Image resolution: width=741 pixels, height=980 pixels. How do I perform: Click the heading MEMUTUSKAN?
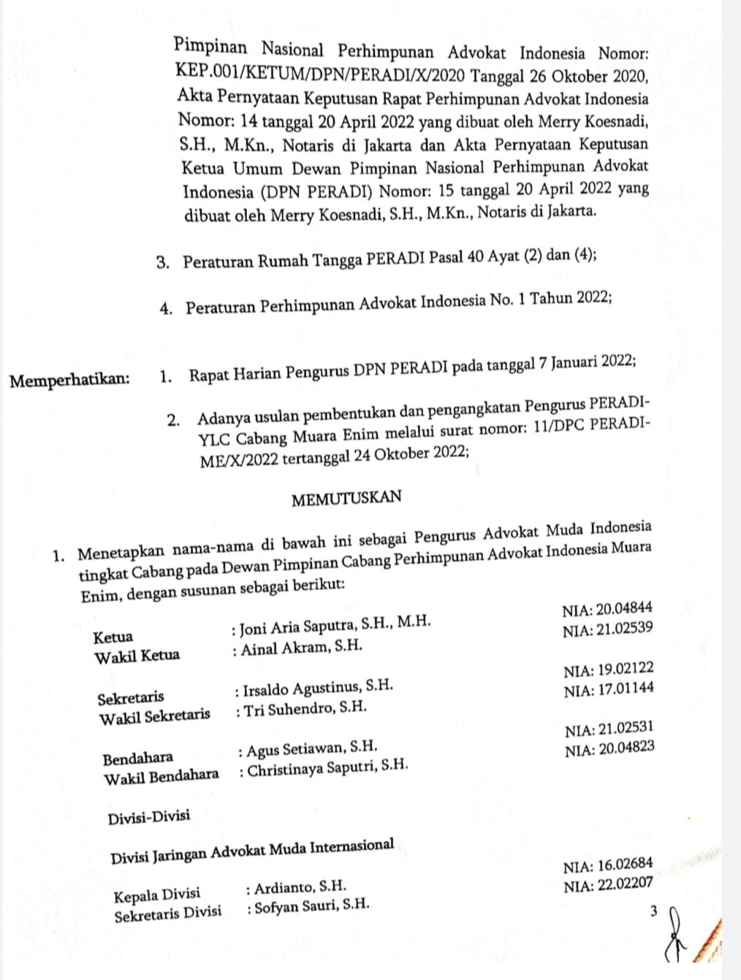pos(346,499)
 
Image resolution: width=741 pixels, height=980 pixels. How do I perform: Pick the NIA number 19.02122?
pos(609,670)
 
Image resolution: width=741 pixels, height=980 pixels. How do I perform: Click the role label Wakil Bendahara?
pos(161,776)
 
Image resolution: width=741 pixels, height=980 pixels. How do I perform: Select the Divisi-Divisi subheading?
pos(149,816)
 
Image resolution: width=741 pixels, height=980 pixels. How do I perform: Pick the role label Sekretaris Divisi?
pos(167,914)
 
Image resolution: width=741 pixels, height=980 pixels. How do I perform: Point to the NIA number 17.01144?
pos(609,689)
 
